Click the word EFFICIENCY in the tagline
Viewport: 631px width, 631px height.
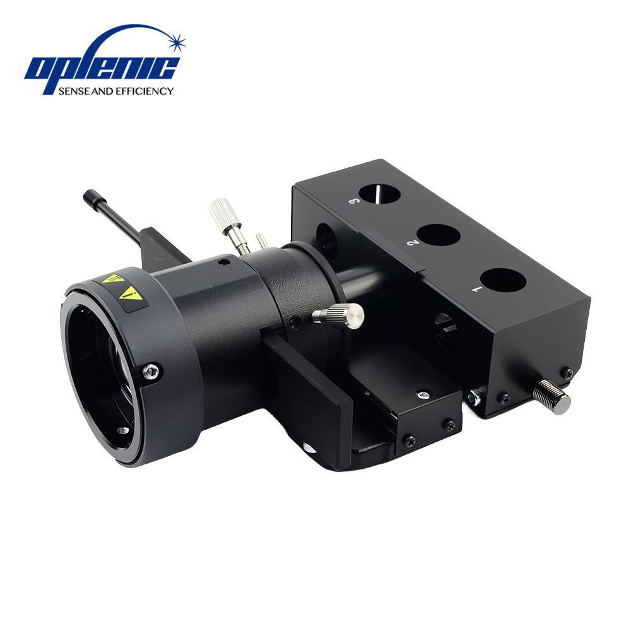(144, 91)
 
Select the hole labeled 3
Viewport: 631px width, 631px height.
(380, 194)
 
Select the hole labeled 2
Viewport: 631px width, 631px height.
(439, 235)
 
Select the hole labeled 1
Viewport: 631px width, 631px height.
(503, 280)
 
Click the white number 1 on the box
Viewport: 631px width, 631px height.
(476, 288)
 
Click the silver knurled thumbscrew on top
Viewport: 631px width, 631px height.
(221, 213)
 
